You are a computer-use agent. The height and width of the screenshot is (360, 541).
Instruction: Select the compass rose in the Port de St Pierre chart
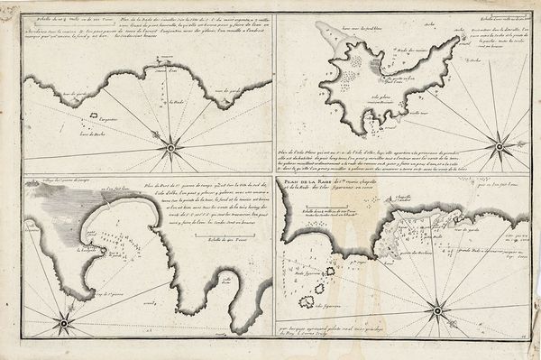click(62, 322)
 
